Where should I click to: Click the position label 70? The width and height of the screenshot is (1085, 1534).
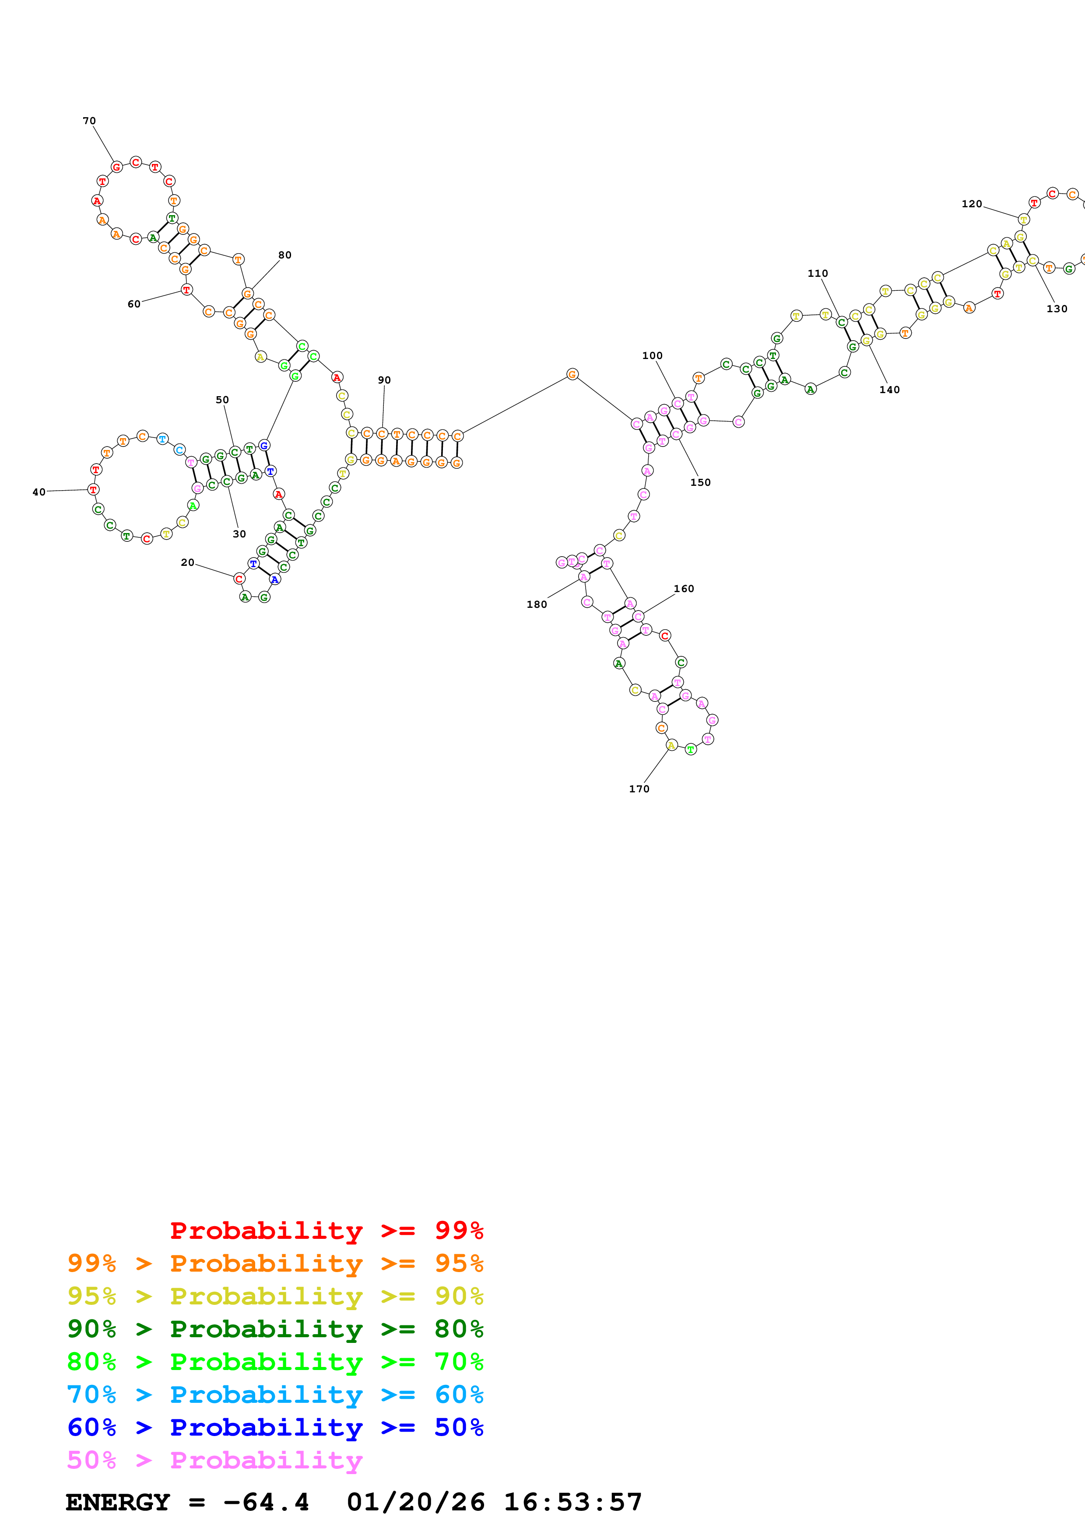point(89,121)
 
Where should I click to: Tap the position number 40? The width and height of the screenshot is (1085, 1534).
point(39,492)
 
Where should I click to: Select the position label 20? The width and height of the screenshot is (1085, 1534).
point(187,562)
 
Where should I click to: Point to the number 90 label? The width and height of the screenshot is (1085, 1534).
point(384,380)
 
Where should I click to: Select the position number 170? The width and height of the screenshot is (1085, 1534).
point(639,789)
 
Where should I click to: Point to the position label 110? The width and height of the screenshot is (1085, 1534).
point(817,273)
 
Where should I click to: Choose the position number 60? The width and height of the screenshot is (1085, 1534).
point(133,304)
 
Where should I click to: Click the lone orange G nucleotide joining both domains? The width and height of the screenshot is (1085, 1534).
point(572,374)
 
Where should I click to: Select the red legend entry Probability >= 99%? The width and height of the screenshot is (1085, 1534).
point(326,1231)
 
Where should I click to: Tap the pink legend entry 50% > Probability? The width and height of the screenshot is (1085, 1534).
point(214,1461)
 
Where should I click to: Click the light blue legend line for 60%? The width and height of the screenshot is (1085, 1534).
point(275,1395)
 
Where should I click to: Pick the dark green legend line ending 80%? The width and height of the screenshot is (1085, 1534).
point(275,1329)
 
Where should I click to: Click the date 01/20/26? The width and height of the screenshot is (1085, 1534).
point(415,1503)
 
